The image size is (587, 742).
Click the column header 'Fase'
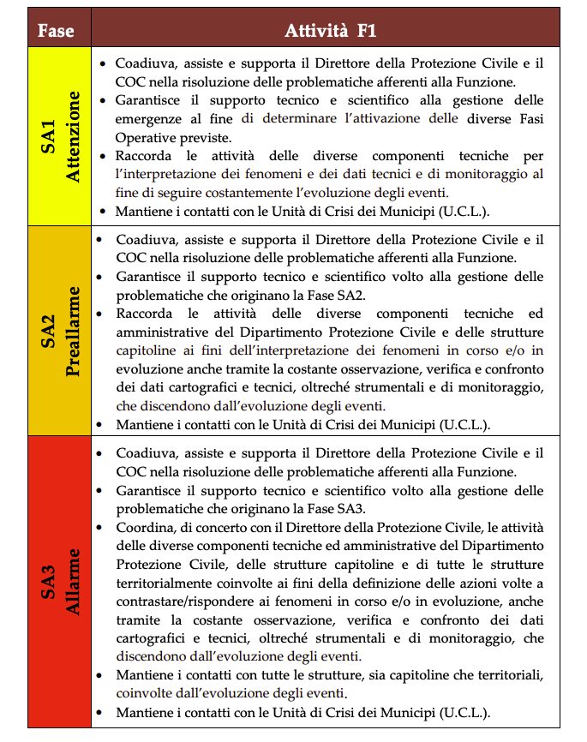click(x=56, y=33)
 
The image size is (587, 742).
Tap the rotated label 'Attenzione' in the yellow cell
click(x=75, y=135)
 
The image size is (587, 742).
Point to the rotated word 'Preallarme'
click(x=75, y=330)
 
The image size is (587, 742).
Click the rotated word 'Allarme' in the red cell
click(x=75, y=583)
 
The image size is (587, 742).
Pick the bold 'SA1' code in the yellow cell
click(x=49, y=136)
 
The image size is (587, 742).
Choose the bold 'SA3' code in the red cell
click(x=49, y=583)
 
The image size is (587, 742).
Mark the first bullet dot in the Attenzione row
click(x=104, y=64)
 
